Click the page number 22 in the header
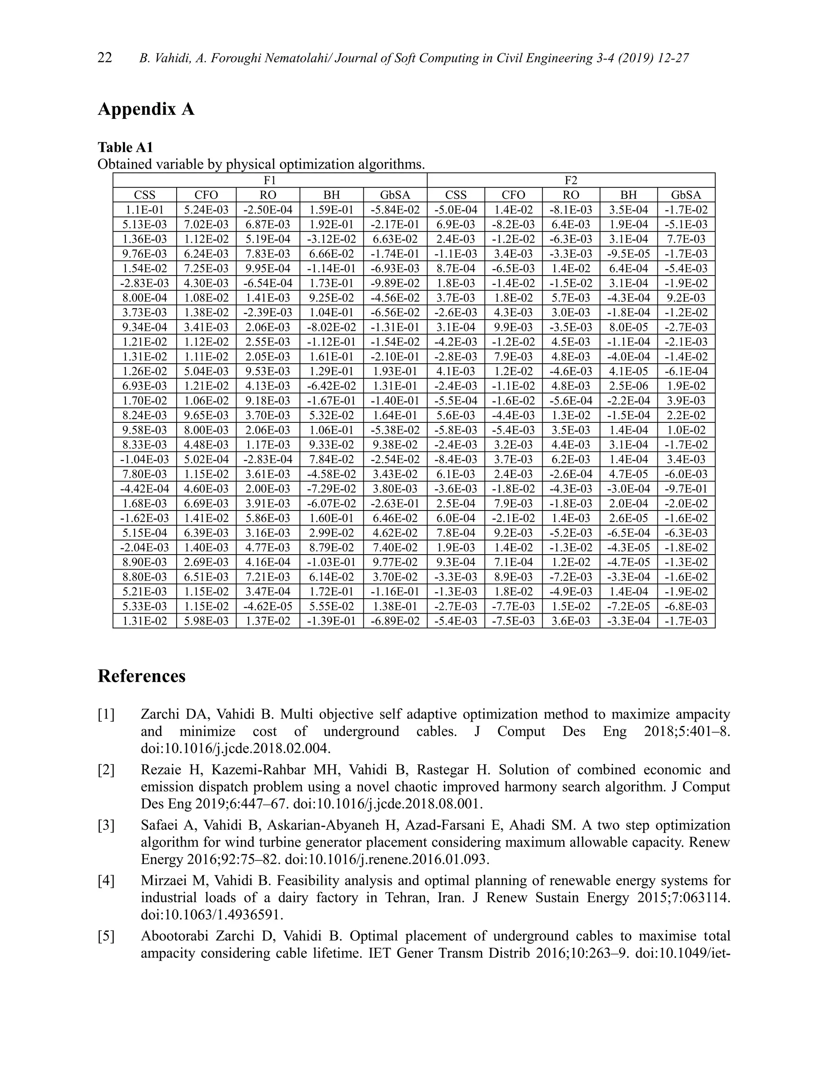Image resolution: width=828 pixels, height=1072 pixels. [x=105, y=58]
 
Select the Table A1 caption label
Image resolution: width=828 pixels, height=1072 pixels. [x=126, y=147]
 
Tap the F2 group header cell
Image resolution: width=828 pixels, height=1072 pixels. [x=571, y=180]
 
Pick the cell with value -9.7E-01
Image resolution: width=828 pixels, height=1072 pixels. [x=686, y=489]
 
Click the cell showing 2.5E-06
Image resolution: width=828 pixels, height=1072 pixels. [x=628, y=386]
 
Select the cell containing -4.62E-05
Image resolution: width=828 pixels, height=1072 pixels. [x=268, y=606]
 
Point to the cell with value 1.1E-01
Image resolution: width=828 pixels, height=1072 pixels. [x=145, y=210]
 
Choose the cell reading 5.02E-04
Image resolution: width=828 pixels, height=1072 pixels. [x=206, y=460]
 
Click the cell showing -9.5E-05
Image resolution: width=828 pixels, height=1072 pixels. [x=628, y=254]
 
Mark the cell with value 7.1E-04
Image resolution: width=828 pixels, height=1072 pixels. [x=513, y=562]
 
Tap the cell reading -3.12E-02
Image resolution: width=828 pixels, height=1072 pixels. [x=332, y=239]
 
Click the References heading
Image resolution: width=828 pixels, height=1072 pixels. [x=142, y=676]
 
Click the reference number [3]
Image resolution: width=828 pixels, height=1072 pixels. [x=106, y=826]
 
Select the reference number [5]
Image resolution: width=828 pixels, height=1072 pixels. [x=106, y=936]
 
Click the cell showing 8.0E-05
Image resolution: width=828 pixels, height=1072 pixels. [x=628, y=327]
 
